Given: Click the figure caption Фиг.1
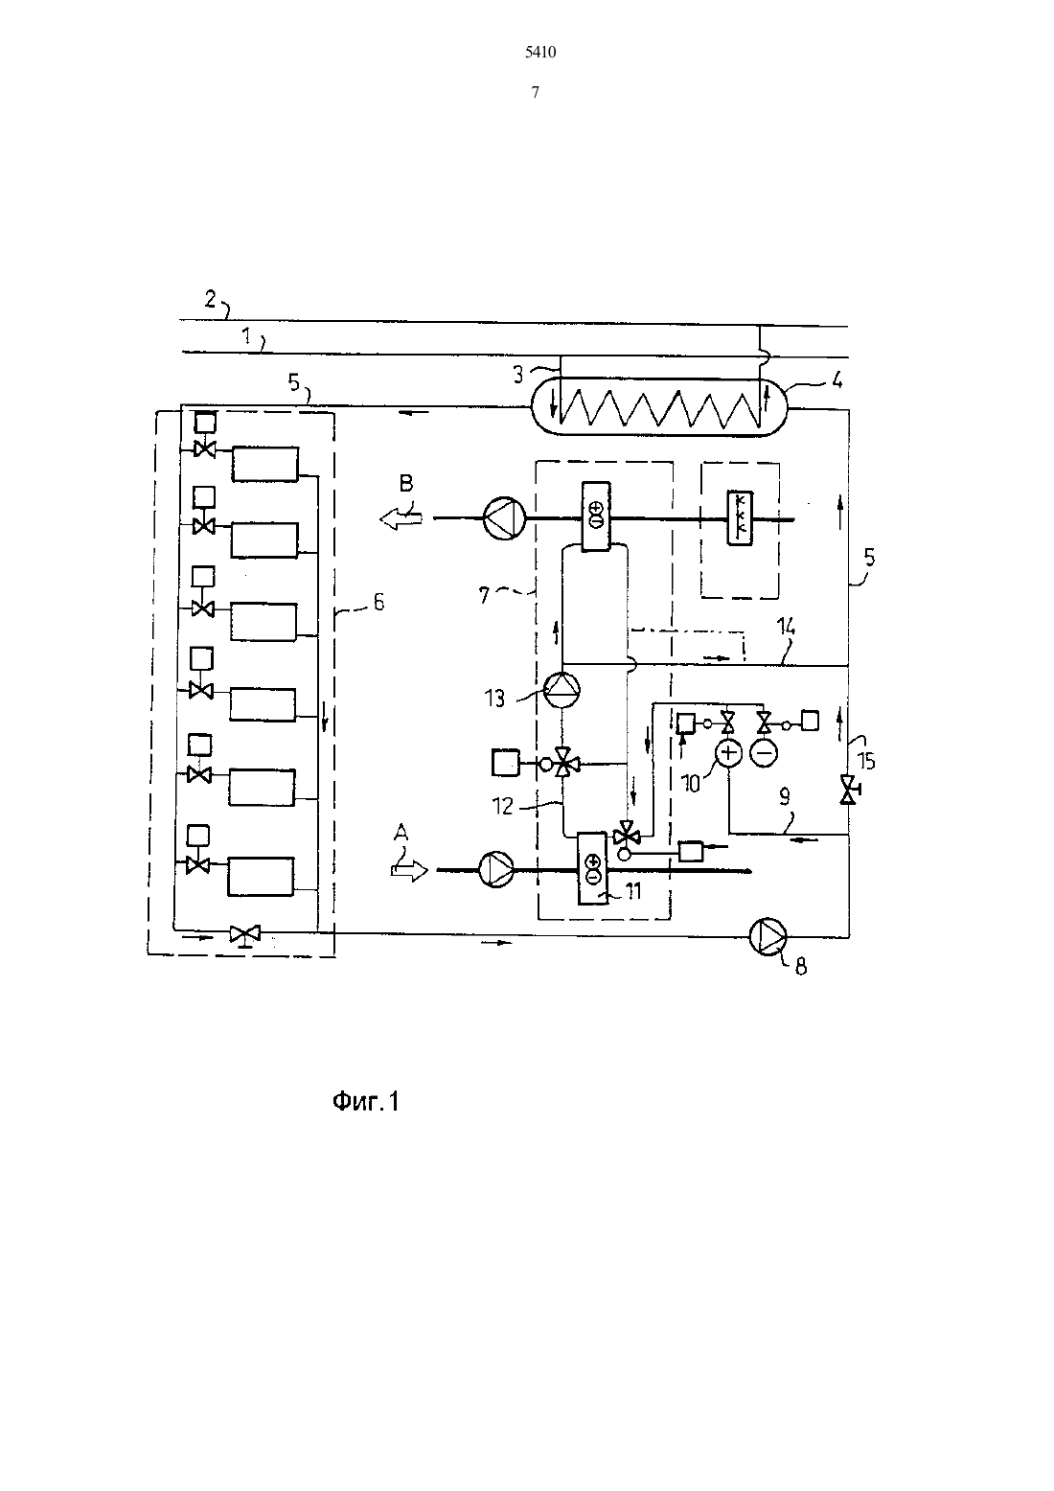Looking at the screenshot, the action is pos(366,1102).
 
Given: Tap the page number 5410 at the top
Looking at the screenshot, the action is pos(540,53).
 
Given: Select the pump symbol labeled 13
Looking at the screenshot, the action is pos(561,690).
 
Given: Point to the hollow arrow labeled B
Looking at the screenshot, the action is pos(401,517).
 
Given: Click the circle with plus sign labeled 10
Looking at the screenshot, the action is pos(728,753).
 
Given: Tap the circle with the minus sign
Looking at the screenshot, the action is pos(764,753).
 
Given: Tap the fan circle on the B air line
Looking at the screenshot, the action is pos(504,517).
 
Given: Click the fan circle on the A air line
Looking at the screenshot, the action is pos(496,870).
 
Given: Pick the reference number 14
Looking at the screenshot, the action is pos(786,627).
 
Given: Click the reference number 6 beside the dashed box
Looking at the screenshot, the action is pos(378,603).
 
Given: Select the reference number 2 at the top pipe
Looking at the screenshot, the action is pos(210,299).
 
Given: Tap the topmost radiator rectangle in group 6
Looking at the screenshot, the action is pos(264,463).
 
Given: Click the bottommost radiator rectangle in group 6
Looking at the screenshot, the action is pos(261,877).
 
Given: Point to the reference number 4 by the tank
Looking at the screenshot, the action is pos(837,380).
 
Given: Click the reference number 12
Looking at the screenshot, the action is pos(502,807).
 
